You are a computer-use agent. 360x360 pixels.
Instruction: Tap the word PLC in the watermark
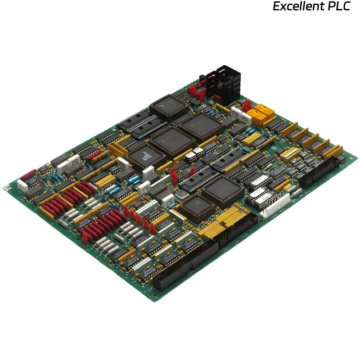tap(338, 7)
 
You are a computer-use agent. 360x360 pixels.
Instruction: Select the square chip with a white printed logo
tap(145, 155)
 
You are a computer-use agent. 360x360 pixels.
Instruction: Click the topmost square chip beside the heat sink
tap(169, 106)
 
